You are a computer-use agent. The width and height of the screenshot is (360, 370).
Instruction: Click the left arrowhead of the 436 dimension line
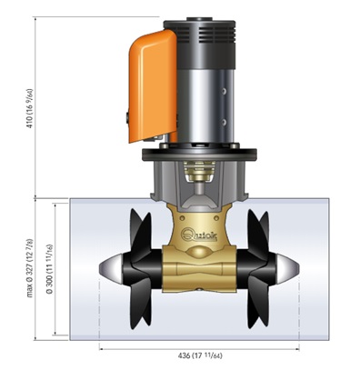pyautogui.click(x=101, y=346)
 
